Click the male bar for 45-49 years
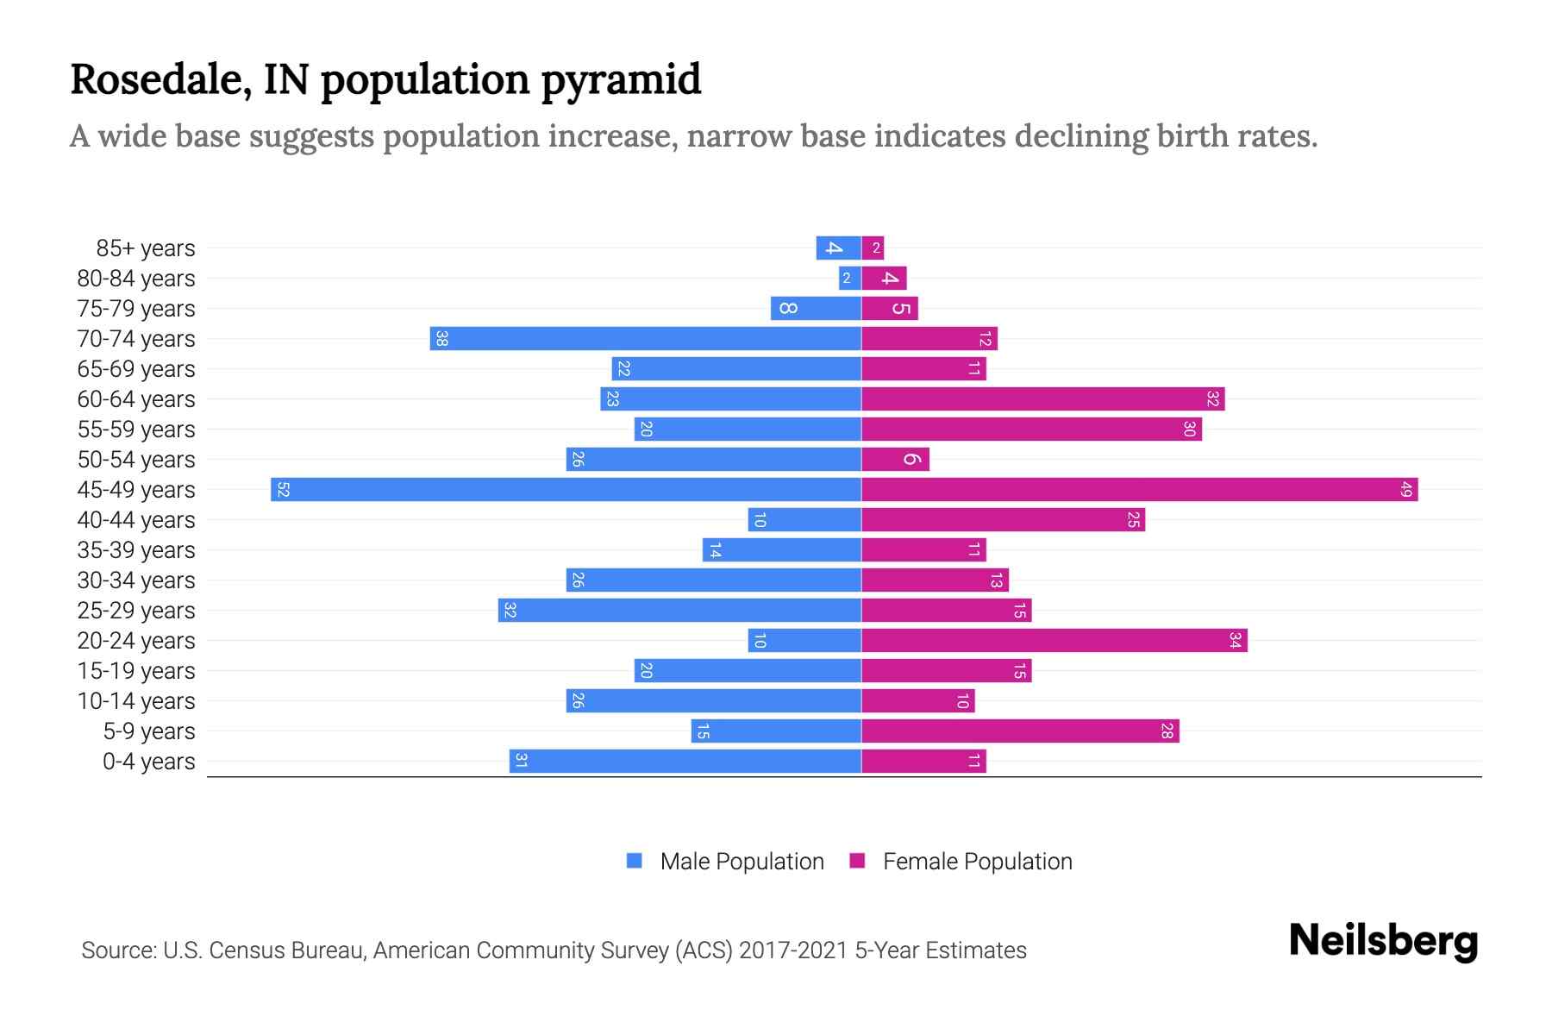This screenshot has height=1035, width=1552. pos(566,490)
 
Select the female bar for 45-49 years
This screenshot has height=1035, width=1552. pos(1138,490)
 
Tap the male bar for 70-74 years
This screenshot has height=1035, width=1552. pos(645,339)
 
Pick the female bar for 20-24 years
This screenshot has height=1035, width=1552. pos(1054,641)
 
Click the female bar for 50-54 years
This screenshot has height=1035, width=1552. pos(895,460)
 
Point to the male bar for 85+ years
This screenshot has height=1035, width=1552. pos(838,248)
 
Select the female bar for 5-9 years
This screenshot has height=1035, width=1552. pos(1019,731)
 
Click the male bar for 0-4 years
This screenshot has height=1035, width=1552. pos(685,762)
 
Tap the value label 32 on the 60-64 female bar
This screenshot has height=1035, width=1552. pos(1212,399)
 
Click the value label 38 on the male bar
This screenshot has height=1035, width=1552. pos(441,339)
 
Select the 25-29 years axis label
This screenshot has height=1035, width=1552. pos(136,611)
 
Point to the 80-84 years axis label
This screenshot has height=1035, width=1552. pos(136,279)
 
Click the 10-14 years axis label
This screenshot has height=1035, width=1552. pos(136,701)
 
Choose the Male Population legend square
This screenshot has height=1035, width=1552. pos(635,861)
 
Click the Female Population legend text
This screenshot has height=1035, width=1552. pos(977,862)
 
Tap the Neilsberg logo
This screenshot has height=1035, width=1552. pos(1383,941)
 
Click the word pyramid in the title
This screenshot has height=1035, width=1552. pos(622,80)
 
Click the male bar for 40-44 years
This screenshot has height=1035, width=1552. pos(804,520)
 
